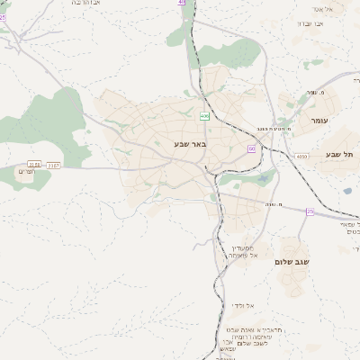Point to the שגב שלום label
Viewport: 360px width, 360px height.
[x=292, y=261]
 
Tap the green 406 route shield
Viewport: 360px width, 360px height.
[x=205, y=116]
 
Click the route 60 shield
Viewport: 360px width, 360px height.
[x=252, y=148]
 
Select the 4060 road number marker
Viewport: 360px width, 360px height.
[x=301, y=156]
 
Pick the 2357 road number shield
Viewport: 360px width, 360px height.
[x=54, y=165]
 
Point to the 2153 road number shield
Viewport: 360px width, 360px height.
[x=34, y=164]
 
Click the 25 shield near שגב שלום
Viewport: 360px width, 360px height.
[x=310, y=211]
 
